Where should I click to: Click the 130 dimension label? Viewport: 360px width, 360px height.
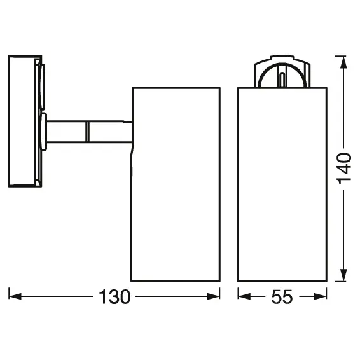(114, 296)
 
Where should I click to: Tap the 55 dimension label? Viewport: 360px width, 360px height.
(282, 296)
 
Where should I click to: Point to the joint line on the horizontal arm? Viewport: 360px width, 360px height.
(87, 132)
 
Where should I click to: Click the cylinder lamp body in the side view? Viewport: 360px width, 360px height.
(176, 184)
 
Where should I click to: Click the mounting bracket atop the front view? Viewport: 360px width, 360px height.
(280, 72)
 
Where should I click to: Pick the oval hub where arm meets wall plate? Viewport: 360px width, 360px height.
(43, 132)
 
